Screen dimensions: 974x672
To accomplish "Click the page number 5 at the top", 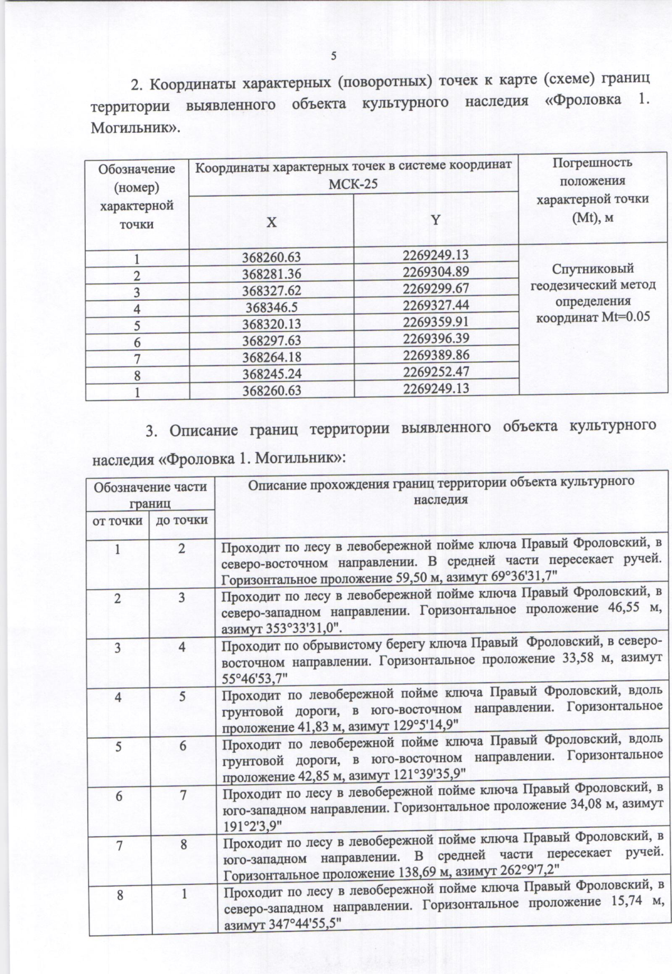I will click(x=334, y=56).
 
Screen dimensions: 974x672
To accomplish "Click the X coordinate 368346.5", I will click(x=271, y=308).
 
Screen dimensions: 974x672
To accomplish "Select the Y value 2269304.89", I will click(x=436, y=272).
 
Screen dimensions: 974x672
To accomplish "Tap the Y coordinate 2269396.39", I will click(x=436, y=338).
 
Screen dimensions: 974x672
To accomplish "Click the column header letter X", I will click(x=271, y=222).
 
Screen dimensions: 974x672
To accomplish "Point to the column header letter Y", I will click(x=436, y=220).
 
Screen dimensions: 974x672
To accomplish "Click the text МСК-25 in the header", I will click(x=353, y=184).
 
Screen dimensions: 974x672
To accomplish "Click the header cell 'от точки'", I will click(x=118, y=521).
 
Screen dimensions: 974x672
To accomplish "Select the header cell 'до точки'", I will click(x=181, y=520).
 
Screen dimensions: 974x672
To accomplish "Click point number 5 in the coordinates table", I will click(x=137, y=325).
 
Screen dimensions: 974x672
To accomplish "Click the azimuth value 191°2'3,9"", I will click(x=252, y=825).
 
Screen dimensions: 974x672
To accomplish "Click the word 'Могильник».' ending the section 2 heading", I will click(x=135, y=128).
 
